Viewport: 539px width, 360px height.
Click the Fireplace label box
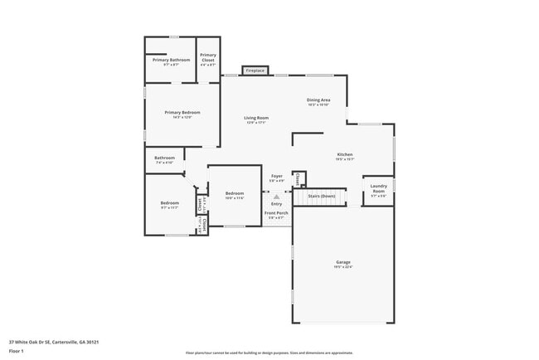pos(255,71)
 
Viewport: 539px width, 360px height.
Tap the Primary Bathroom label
pos(171,60)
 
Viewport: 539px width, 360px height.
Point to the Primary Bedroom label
pos(182,112)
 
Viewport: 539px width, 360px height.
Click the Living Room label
pos(256,118)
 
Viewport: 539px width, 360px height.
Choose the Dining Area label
pos(318,100)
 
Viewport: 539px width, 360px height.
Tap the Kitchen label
pos(345,155)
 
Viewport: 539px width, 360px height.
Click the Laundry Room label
pos(378,188)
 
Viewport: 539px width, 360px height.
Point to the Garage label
pos(343,262)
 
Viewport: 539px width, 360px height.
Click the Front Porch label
pos(276,213)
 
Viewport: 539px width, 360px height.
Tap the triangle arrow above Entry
pos(276,197)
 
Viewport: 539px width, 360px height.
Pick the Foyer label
pos(277,176)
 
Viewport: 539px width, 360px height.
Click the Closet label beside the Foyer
pos(298,178)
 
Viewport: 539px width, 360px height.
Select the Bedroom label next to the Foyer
pos(235,193)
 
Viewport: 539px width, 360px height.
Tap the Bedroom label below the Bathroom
pos(170,203)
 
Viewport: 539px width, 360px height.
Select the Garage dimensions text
pos(343,267)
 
